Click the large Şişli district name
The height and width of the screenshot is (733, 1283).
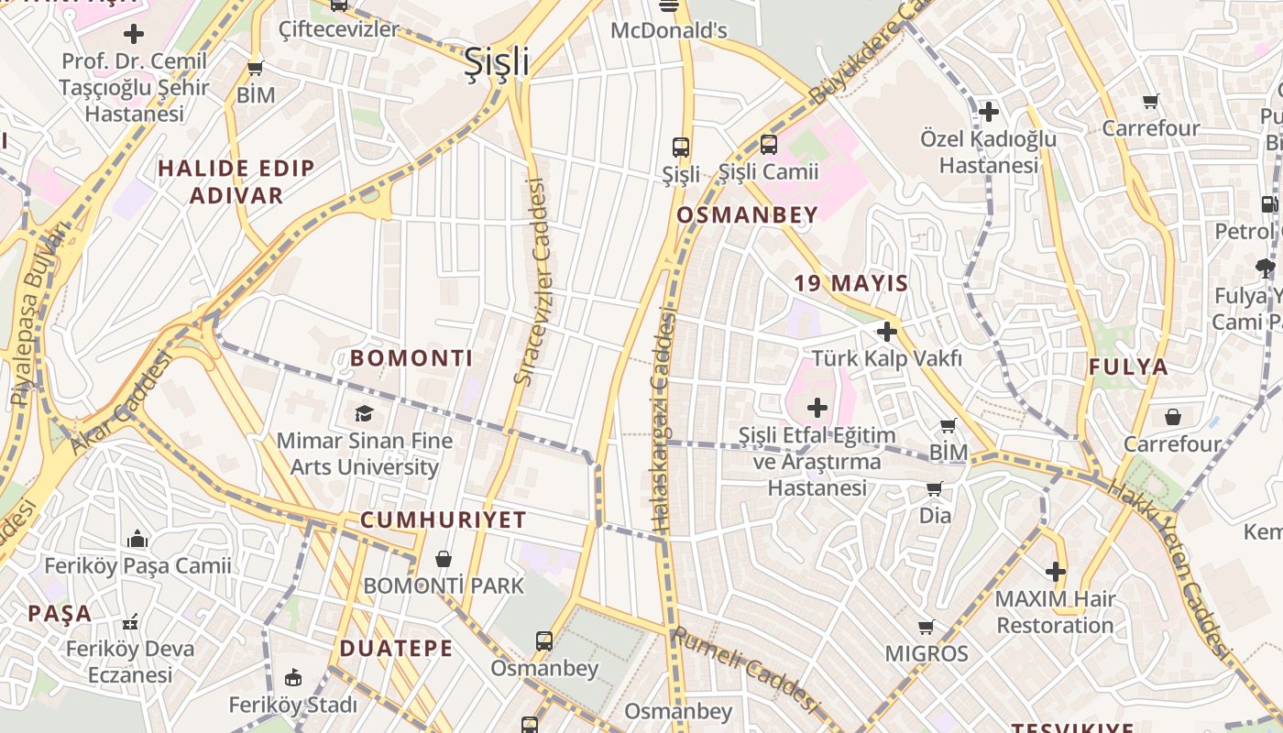[x=496, y=62]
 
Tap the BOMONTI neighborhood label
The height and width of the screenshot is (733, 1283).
[x=411, y=358]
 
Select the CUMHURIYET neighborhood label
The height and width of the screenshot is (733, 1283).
[x=443, y=520]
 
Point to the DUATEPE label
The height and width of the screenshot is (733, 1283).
[x=396, y=649]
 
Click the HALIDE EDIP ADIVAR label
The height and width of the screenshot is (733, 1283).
[x=236, y=181]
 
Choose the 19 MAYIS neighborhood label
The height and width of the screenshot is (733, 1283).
[x=850, y=283]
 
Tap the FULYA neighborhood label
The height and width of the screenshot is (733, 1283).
[x=1128, y=367]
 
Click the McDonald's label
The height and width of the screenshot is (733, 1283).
[x=668, y=31]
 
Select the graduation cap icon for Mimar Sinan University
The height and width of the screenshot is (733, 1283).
[x=364, y=413]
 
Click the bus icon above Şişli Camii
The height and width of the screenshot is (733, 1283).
[x=768, y=145]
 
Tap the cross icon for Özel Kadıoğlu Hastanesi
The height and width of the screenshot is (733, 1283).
[x=988, y=113]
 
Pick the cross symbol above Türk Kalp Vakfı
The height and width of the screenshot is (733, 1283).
[x=886, y=332]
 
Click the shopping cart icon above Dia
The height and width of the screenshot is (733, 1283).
[x=934, y=489]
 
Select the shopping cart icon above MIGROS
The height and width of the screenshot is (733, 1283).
[x=926, y=628]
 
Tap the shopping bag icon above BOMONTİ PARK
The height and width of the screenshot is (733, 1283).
[x=444, y=558]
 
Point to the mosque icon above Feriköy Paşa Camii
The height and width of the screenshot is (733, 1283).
[x=137, y=538]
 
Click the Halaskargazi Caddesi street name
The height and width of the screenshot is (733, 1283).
[x=663, y=420]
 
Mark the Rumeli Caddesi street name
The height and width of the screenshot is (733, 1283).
[x=743, y=671]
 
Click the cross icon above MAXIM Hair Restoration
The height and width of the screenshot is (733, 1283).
[x=1055, y=573]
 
